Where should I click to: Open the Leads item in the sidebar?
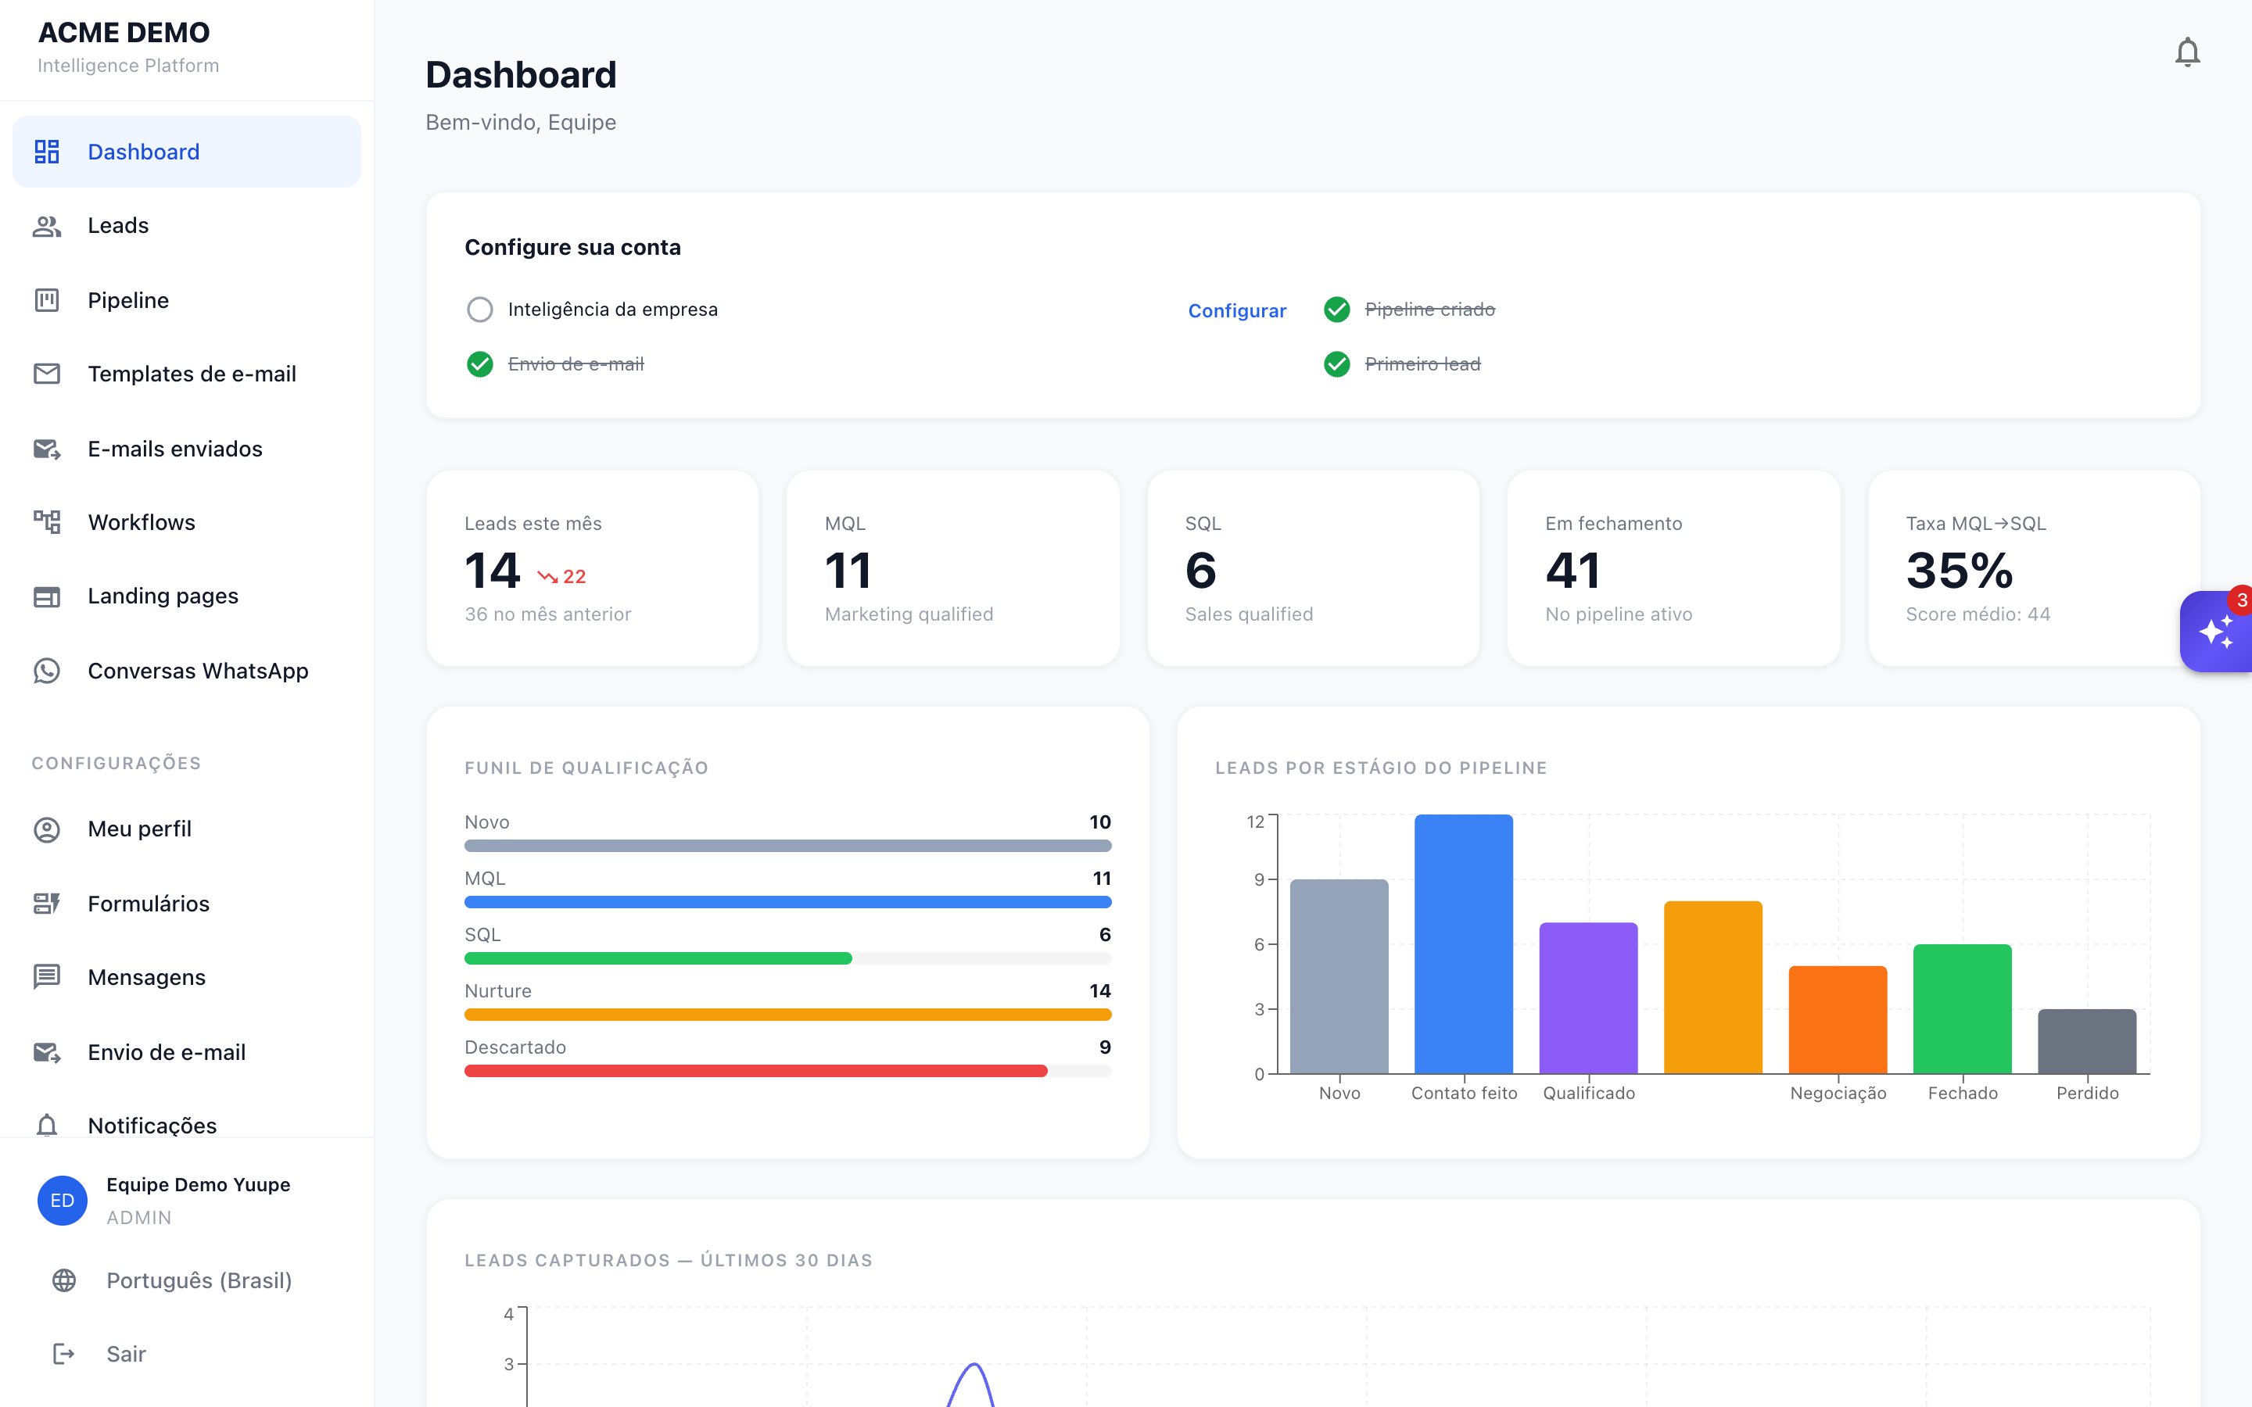pyautogui.click(x=117, y=225)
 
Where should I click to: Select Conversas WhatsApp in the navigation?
pyautogui.click(x=197, y=670)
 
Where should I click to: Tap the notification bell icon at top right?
pyautogui.click(x=2187, y=52)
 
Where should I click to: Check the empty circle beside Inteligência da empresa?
pyautogui.click(x=479, y=309)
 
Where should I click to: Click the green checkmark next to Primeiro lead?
pyautogui.click(x=1336, y=363)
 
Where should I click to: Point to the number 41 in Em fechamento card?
pyautogui.click(x=1572, y=570)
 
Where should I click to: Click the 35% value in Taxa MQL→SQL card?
pyautogui.click(x=1959, y=570)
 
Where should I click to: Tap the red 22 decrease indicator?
pyautogui.click(x=561, y=577)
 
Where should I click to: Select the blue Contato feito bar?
pyautogui.click(x=1464, y=943)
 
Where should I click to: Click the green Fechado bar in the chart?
pyautogui.click(x=1963, y=1008)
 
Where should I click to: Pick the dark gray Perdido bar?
pyautogui.click(x=2087, y=1041)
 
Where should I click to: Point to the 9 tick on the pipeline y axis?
pyautogui.click(x=1259, y=879)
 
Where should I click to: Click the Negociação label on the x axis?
pyautogui.click(x=1838, y=1093)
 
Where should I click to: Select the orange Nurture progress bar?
pyautogui.click(x=787, y=1015)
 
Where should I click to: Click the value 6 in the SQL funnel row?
pyautogui.click(x=1105, y=934)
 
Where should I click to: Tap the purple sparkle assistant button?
pyautogui.click(x=2216, y=632)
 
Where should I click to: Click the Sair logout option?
pyautogui.click(x=126, y=1353)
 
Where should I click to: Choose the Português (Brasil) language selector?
pyautogui.click(x=198, y=1280)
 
